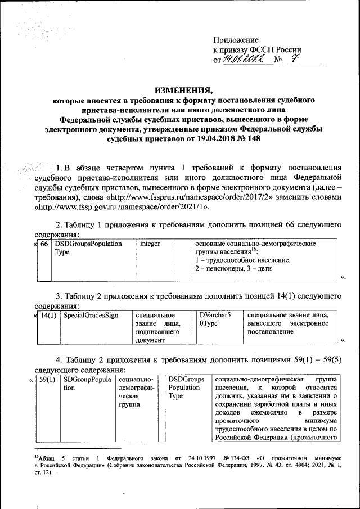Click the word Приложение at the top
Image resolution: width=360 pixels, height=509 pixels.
[x=236, y=40]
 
